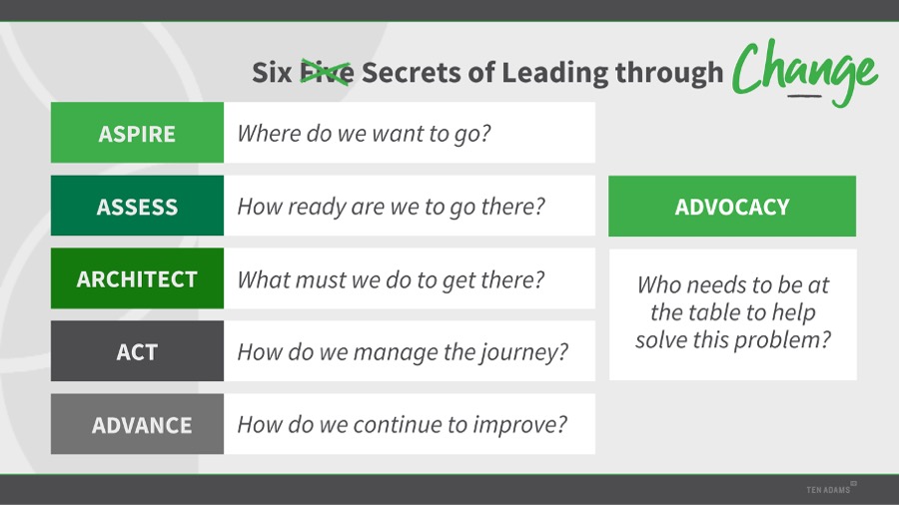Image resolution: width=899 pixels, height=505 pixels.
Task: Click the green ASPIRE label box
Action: [137, 133]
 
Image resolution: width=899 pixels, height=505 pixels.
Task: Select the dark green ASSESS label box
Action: [137, 206]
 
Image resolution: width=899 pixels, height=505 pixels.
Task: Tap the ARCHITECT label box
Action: [137, 278]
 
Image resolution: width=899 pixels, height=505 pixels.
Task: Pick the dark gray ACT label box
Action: [137, 351]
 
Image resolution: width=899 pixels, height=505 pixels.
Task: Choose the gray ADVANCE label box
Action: [137, 424]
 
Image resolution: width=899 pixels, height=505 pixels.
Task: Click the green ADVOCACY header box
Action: [732, 207]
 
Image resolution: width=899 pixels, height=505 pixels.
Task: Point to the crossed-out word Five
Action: [327, 73]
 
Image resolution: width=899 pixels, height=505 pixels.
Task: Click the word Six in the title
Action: [272, 73]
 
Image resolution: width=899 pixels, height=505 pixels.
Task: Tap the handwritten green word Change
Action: [804, 72]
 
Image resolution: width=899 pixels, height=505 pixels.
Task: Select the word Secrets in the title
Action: [412, 73]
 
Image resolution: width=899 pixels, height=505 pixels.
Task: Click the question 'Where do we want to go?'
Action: [364, 134]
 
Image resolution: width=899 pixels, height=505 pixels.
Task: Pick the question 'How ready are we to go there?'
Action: [391, 207]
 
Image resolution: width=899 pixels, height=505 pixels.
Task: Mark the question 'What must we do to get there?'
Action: [391, 280]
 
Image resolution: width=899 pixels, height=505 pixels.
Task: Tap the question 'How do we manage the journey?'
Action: [403, 352]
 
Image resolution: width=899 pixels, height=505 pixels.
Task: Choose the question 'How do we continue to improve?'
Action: [402, 425]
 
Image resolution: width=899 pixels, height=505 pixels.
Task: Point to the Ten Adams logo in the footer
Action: [831, 488]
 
